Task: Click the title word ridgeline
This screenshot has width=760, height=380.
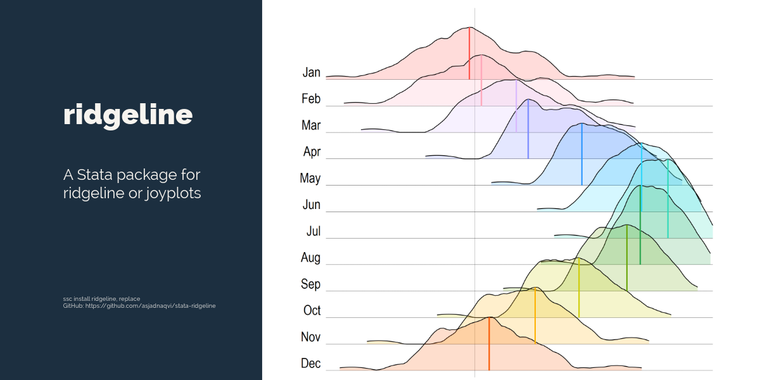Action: pos(128,115)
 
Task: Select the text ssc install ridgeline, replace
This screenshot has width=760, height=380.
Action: pos(101,298)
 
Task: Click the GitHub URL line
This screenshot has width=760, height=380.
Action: pos(139,305)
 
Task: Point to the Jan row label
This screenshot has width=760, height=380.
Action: pos(312,72)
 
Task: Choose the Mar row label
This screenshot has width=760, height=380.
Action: pos(311,125)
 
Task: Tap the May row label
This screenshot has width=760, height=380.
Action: pos(310,179)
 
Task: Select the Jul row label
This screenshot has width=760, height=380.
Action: pos(313,231)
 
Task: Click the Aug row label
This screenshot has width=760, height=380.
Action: pos(311,258)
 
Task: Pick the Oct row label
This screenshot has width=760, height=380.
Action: pos(312,310)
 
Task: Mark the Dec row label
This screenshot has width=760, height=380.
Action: pos(311,364)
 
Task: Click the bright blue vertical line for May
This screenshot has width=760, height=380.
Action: pos(582,155)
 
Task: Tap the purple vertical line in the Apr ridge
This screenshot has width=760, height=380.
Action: pos(528,130)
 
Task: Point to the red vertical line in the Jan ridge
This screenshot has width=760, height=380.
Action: pos(469,54)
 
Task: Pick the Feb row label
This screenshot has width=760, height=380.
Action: pos(311,99)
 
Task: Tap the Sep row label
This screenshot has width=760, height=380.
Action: pos(311,284)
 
